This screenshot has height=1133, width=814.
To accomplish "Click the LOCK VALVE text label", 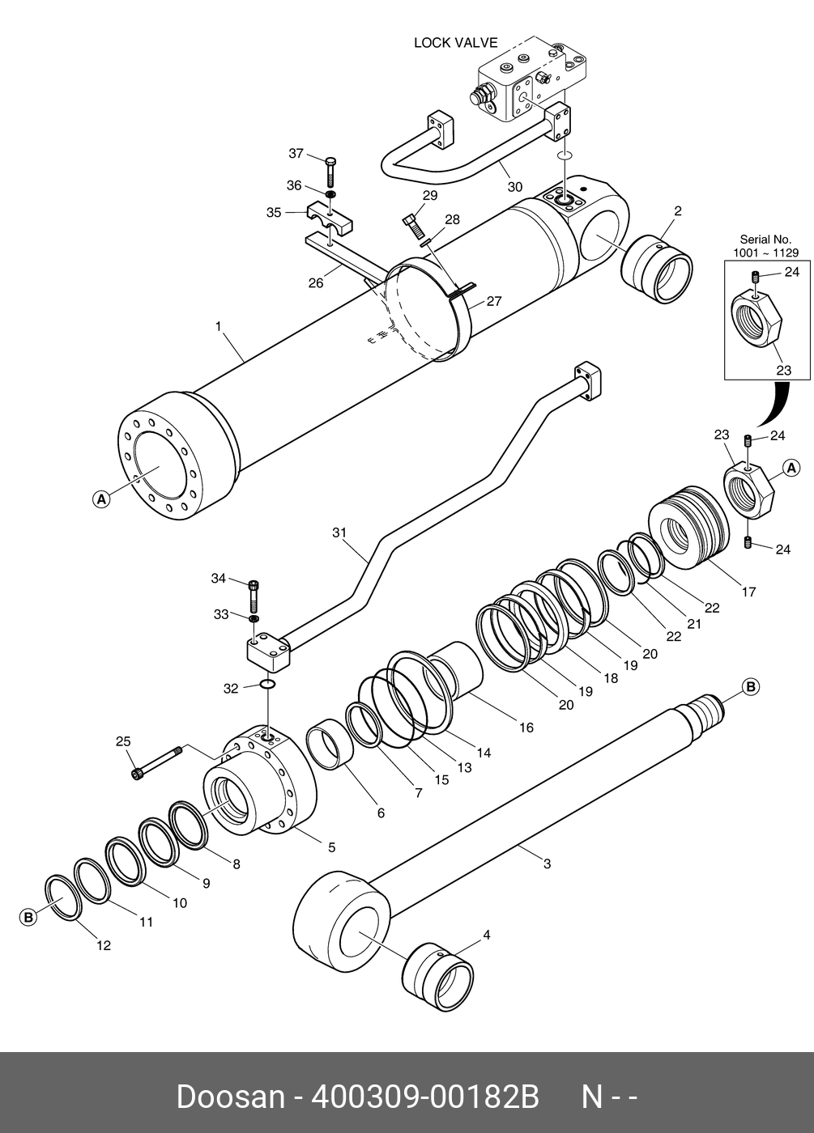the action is [455, 43].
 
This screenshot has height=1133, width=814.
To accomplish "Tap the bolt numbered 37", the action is [330, 172].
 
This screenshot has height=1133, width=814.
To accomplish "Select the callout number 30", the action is [515, 187].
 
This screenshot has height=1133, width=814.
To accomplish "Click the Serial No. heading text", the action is [765, 240].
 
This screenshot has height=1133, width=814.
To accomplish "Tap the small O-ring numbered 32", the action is [268, 685].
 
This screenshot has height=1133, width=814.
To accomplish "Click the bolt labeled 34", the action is [254, 597].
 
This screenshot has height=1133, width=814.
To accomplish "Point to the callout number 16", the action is [526, 728].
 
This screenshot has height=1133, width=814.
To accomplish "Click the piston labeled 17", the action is [689, 528].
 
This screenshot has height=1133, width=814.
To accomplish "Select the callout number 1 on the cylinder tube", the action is [219, 327].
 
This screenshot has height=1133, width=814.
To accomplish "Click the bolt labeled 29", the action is [414, 227].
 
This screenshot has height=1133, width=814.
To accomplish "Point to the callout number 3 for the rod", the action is [547, 864].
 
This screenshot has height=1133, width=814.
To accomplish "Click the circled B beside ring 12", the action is [29, 918].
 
